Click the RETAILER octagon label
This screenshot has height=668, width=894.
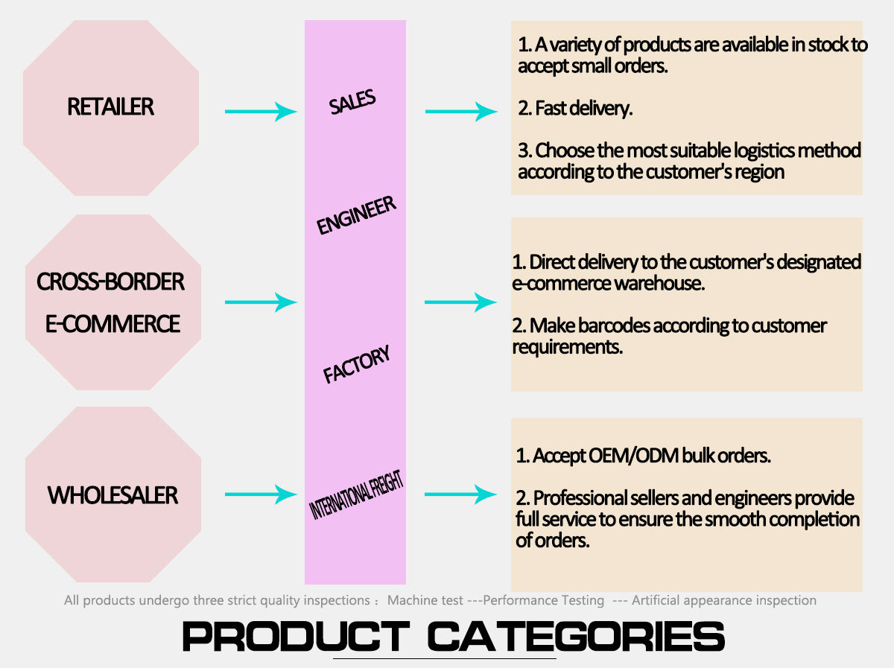(110, 107)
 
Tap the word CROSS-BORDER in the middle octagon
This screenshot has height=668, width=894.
(110, 281)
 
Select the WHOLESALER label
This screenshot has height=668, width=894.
(112, 495)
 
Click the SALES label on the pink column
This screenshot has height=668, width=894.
(352, 103)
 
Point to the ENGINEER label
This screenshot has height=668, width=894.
(356, 216)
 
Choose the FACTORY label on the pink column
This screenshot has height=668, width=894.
(357, 365)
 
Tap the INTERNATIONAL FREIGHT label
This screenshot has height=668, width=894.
(356, 497)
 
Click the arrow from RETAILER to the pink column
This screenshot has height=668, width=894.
(261, 112)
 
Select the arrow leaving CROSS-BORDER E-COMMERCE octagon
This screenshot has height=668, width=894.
(261, 302)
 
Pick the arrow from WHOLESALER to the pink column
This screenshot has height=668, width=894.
(261, 494)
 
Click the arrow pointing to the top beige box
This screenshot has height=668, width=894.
(460, 112)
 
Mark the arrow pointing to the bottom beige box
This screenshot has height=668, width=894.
(460, 494)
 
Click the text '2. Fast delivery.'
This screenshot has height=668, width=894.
(575, 109)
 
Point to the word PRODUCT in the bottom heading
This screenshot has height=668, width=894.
(295, 637)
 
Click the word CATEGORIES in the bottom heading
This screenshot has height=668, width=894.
(576, 637)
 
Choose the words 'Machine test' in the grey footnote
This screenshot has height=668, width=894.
(425, 600)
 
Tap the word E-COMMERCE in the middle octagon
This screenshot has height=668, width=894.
(112, 324)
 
